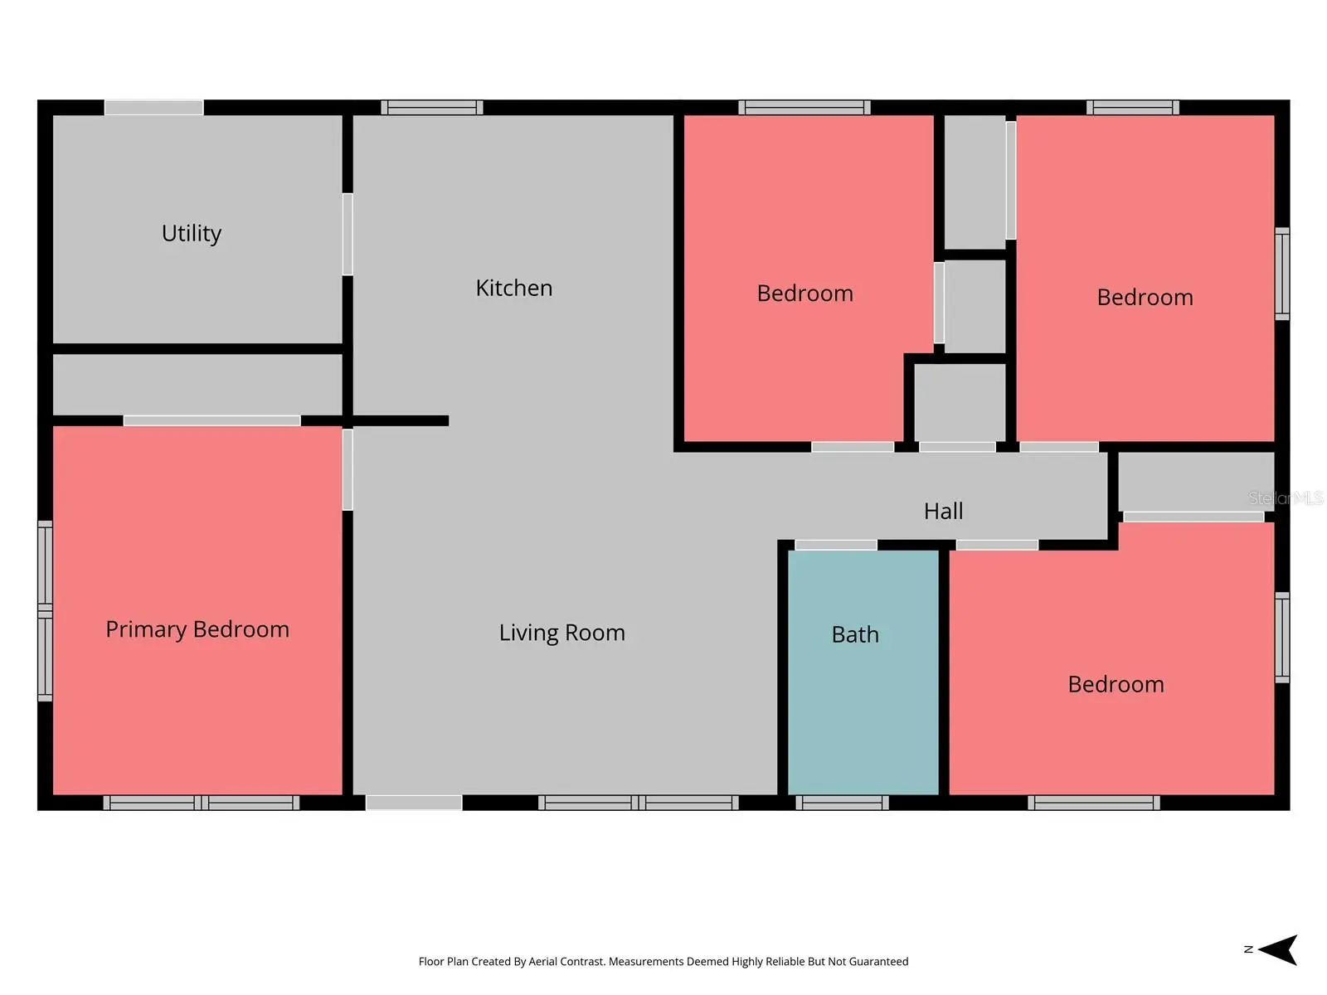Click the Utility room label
191,233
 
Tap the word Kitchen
514,288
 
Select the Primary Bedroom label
197,629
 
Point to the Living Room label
561,633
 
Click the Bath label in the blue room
855,634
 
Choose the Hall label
943,511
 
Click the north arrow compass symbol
1276,949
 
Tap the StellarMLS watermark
1286,498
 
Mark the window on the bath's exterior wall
842,803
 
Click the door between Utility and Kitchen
348,234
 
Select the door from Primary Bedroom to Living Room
348,469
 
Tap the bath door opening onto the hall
835,545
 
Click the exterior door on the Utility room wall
154,108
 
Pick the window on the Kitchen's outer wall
431,108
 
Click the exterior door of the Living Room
414,803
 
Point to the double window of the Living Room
639,803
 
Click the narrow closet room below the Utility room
197,384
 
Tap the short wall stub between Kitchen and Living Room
401,420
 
